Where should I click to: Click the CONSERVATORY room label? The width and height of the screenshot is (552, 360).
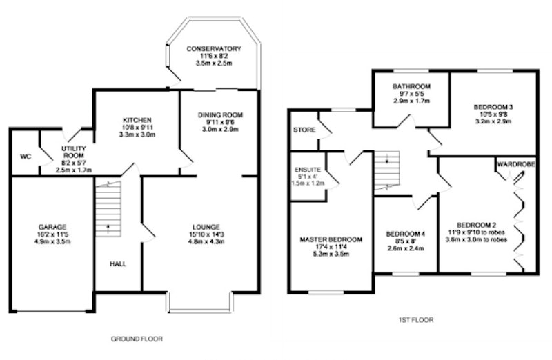point(214,48)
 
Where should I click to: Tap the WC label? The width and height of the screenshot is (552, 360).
point(26,157)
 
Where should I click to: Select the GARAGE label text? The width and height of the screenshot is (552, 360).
point(52,227)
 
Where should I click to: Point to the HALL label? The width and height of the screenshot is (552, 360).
point(118,263)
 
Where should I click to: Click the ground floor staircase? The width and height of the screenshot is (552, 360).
point(108,209)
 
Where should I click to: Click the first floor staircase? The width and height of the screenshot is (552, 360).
point(387,170)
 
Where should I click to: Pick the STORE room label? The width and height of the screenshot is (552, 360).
point(304,130)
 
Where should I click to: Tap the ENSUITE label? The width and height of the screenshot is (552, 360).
point(308,170)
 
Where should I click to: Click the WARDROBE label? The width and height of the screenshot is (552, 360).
point(516,164)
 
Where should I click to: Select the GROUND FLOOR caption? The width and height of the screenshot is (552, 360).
point(137,339)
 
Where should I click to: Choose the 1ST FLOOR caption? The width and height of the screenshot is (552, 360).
point(416,320)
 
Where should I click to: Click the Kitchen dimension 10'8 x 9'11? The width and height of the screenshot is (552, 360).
point(137,128)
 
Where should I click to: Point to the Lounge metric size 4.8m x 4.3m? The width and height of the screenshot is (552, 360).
point(206,242)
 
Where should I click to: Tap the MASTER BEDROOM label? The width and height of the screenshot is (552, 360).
point(331,239)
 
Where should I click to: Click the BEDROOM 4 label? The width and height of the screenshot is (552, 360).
point(406,234)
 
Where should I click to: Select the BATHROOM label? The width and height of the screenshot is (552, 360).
point(411,86)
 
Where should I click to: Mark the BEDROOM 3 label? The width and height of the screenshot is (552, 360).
point(493,107)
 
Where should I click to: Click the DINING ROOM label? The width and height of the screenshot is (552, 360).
point(220,114)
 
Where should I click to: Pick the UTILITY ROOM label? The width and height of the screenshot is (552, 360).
point(74,152)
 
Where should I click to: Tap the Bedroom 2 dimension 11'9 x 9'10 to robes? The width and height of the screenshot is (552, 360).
point(476,232)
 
